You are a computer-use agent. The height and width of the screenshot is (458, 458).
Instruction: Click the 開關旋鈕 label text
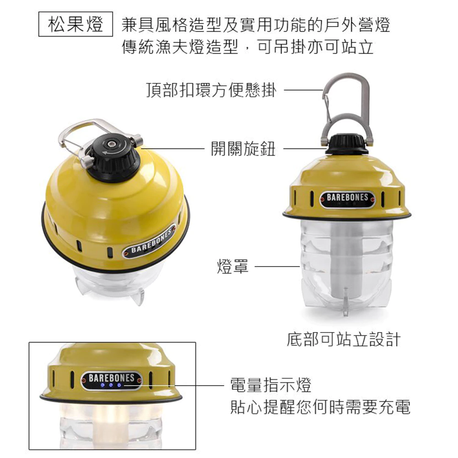[x=243, y=149]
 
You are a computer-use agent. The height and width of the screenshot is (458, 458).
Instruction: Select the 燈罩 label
[x=233, y=267]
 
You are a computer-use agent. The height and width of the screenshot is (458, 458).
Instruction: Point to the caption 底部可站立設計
[x=343, y=339]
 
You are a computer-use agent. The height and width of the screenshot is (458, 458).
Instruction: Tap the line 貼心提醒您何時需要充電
[x=320, y=407]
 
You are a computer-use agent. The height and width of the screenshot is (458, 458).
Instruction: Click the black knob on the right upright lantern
[x=347, y=145]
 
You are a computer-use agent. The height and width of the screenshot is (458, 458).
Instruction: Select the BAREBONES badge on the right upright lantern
[x=347, y=199]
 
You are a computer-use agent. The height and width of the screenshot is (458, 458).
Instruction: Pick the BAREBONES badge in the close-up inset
[x=111, y=378]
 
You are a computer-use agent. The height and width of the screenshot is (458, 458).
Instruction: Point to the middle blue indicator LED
[x=111, y=385]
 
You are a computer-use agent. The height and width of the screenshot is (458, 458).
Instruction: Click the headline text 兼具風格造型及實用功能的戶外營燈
[x=256, y=25]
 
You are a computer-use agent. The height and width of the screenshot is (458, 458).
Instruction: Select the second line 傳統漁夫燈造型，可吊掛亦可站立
[x=247, y=47]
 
